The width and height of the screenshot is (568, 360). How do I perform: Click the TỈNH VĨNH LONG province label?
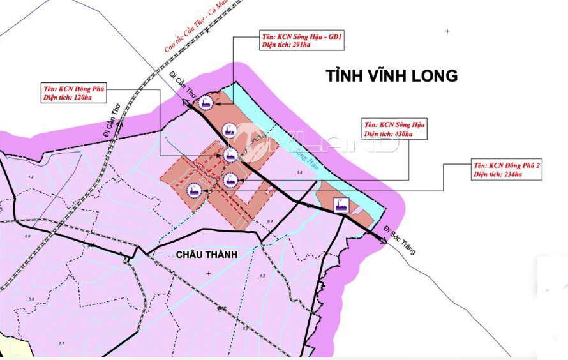pyautogui.click(x=391, y=76)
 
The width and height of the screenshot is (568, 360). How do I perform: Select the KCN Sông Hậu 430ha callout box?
pyautogui.click(x=394, y=129)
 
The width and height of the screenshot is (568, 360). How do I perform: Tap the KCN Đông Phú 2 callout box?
pyautogui.click(x=507, y=169)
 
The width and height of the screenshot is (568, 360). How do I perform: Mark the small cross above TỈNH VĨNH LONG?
pyautogui.click(x=447, y=31)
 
